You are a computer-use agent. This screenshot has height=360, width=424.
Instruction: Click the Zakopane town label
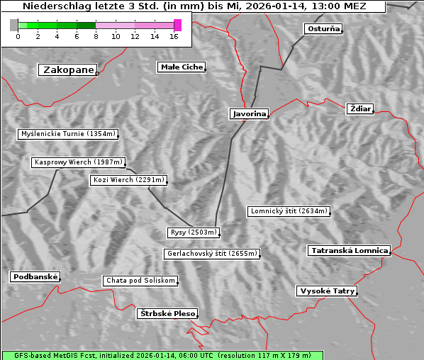68,69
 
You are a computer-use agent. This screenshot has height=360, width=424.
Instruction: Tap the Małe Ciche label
182,67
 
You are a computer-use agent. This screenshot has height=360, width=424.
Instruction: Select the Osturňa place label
323,29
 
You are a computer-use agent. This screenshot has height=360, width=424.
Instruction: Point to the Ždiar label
359,108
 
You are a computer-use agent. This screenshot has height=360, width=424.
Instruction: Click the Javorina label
249,113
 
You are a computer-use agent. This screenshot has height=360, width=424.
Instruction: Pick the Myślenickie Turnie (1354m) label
67,134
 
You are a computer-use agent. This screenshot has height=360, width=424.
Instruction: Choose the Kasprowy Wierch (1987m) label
79,162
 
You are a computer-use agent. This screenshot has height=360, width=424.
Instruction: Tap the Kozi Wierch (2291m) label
129,180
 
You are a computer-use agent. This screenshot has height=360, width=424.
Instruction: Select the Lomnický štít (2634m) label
289,211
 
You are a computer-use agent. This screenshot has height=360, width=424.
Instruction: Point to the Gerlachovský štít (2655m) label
211,254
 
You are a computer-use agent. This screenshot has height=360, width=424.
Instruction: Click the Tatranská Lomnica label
349,251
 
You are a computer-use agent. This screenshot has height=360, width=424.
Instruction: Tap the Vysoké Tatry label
327,291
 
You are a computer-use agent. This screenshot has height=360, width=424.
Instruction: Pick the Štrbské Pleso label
167,313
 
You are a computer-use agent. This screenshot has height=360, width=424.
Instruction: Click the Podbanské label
35,277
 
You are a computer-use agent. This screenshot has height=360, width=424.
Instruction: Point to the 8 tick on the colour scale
96,36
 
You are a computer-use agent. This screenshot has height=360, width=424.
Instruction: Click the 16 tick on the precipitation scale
174,36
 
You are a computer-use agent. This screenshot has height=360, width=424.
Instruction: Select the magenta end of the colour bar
178,25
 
